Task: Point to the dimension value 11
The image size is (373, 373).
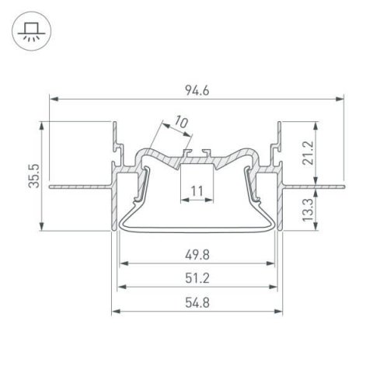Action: point(197,190)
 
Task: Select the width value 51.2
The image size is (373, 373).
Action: point(197,278)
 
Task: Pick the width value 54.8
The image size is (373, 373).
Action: point(197,302)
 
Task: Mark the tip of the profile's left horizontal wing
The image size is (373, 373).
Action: point(50,186)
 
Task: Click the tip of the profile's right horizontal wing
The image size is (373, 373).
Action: point(341,186)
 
